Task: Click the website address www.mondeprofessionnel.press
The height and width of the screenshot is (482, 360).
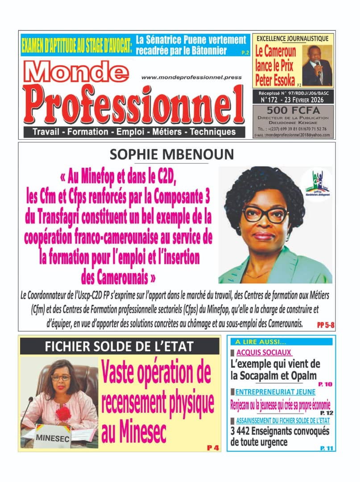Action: point(191,77)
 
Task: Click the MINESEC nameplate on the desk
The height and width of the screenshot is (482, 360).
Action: point(53,439)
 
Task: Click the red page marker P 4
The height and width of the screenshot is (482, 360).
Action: point(213,448)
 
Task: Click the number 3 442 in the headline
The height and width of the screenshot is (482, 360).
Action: point(246,432)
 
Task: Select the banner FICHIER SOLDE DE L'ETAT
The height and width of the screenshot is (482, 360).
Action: point(120,346)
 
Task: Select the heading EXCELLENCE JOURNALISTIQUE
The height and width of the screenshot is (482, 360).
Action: point(293,38)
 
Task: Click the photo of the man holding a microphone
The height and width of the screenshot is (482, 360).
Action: point(317,65)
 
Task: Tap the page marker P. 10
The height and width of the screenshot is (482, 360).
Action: point(324,384)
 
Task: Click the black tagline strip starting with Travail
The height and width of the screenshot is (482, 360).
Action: point(134,132)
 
